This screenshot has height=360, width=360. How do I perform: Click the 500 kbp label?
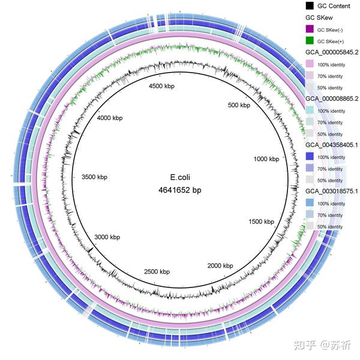click(x=237, y=106)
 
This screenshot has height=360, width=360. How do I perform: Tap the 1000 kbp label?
click(x=266, y=159)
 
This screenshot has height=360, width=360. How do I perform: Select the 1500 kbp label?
click(x=261, y=222)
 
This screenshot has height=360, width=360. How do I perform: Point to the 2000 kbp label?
click(x=220, y=265)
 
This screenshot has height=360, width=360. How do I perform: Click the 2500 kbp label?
click(x=157, y=272)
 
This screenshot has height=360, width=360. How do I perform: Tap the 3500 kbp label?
click(x=94, y=177)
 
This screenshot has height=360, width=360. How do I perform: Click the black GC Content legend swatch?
click(x=310, y=5)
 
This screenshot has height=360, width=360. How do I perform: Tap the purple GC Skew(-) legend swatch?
click(x=310, y=29)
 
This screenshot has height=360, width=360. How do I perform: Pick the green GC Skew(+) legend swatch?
click(x=310, y=41)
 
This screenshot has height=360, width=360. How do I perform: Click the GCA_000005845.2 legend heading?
click(x=331, y=52)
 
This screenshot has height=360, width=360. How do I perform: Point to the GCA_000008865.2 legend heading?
click(x=331, y=98)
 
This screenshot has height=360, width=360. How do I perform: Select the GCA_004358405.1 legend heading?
click(x=331, y=145)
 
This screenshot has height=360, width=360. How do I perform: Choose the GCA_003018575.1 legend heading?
click(x=331, y=191)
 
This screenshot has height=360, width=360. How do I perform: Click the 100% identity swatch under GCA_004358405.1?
click(x=310, y=157)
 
